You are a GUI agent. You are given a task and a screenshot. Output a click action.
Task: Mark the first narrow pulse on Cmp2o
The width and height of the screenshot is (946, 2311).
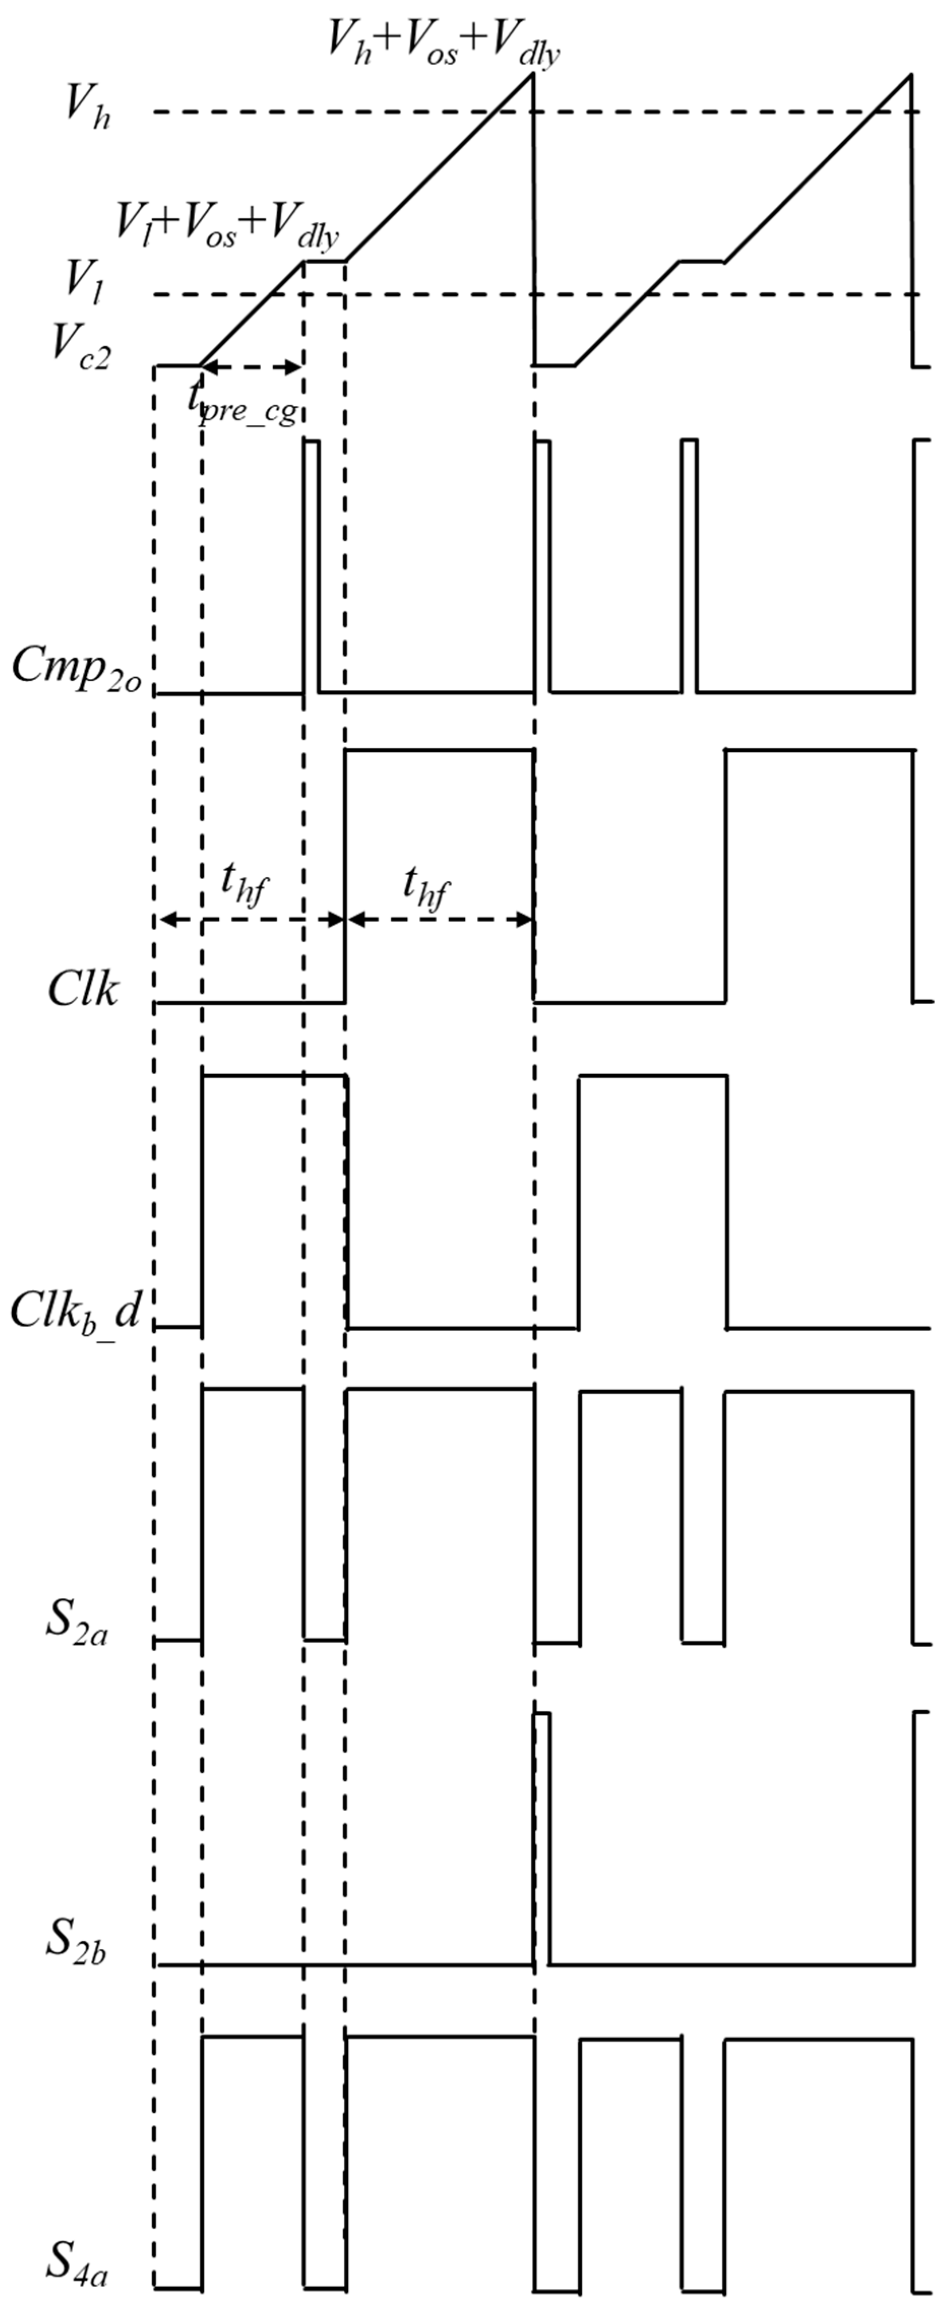click(x=310, y=565)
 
